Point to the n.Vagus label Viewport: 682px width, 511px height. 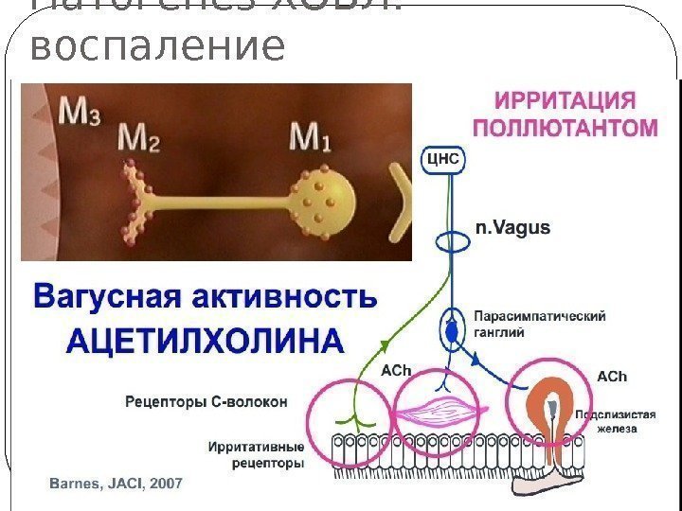(x=512, y=228)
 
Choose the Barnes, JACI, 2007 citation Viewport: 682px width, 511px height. (x=115, y=484)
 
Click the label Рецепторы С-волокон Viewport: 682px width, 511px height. (x=206, y=401)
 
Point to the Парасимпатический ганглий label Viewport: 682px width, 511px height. (x=539, y=324)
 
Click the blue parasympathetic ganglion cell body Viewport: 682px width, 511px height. (x=452, y=330)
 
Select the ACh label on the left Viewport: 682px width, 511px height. (x=395, y=371)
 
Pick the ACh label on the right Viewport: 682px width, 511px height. (x=611, y=377)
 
